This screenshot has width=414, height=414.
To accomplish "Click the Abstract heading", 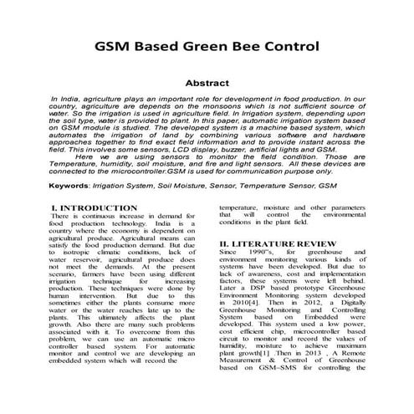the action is tap(206, 84).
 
